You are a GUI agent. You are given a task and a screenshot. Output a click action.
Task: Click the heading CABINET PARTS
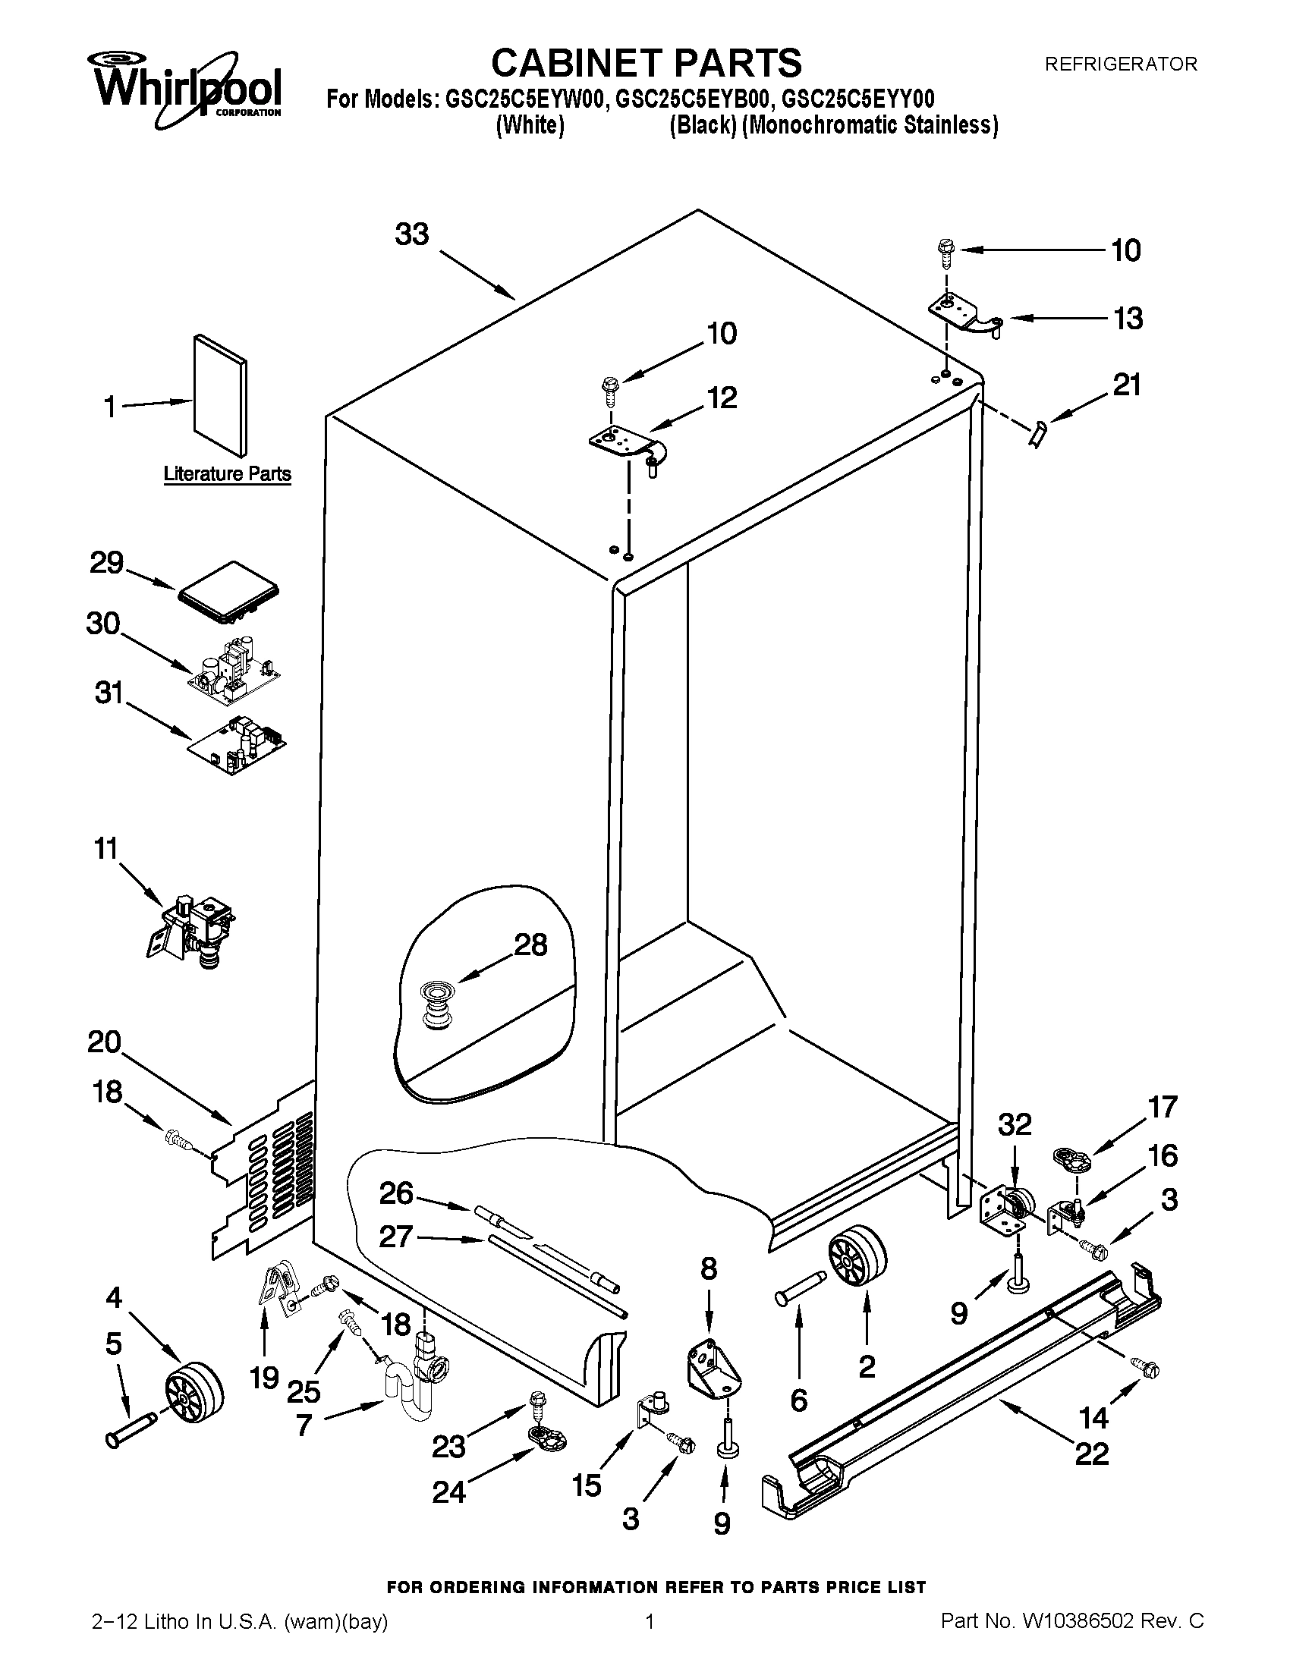click(x=646, y=63)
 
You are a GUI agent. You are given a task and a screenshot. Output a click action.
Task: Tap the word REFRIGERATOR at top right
click(x=1120, y=65)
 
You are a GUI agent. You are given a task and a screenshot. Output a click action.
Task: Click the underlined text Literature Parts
click(x=228, y=475)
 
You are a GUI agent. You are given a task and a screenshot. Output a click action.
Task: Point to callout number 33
click(x=412, y=235)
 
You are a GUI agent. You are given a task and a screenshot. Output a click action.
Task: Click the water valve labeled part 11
click(x=192, y=930)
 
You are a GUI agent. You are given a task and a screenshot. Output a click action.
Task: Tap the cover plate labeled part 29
click(x=228, y=589)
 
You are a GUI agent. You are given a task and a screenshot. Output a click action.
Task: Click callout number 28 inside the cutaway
click(x=530, y=946)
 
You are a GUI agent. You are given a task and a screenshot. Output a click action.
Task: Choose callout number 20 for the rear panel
click(x=104, y=1042)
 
